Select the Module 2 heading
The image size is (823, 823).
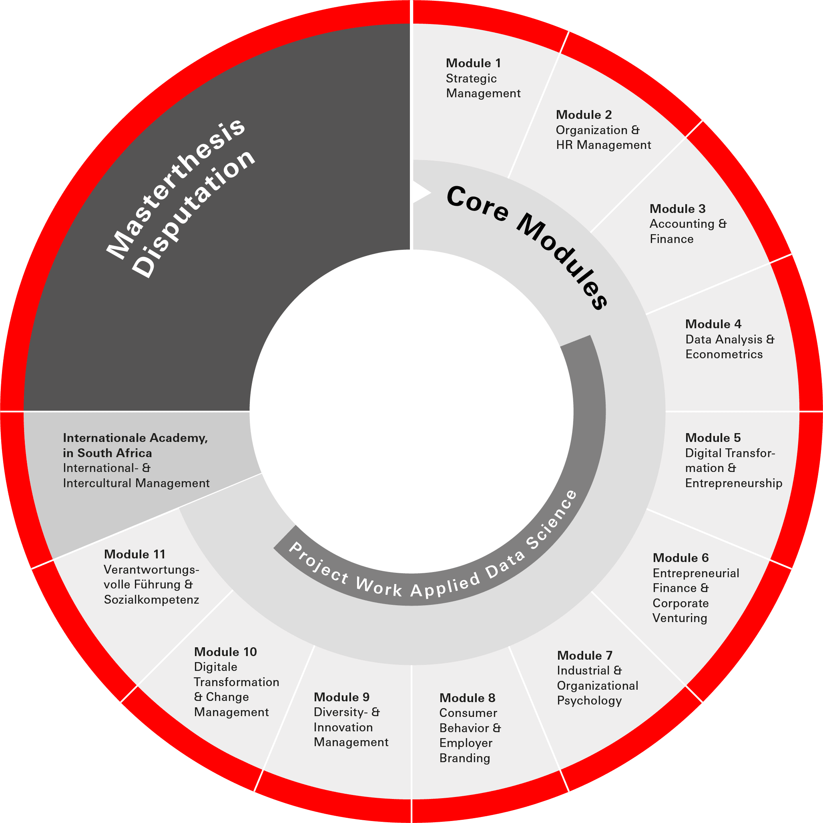[x=584, y=115]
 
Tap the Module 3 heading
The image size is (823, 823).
[x=677, y=209]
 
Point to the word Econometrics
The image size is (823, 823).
[x=724, y=354]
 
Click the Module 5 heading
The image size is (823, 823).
[x=713, y=438]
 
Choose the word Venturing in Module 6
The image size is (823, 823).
[x=679, y=618]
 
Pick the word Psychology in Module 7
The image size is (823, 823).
[x=589, y=701]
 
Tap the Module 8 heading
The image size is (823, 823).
[x=467, y=698]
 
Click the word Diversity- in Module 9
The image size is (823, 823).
[x=341, y=712]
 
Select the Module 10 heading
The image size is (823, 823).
[x=225, y=652]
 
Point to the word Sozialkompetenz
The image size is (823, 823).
[x=151, y=600]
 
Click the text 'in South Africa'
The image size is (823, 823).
[x=107, y=453]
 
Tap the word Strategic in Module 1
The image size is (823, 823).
[x=471, y=79]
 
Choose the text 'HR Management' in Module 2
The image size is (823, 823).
[x=603, y=145]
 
